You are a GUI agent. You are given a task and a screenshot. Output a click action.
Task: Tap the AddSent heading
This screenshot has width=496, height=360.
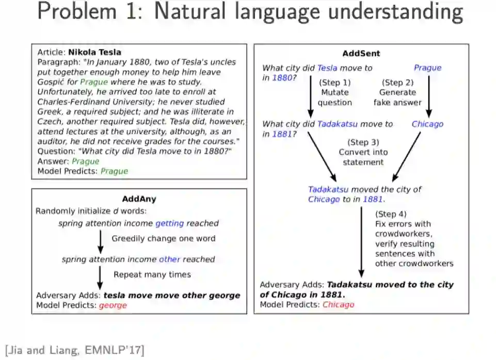361,54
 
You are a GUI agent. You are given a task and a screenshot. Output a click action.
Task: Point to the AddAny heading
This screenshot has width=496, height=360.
139,199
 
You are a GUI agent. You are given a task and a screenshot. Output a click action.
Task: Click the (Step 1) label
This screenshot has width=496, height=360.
334,82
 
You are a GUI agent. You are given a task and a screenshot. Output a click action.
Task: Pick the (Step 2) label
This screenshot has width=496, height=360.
397,82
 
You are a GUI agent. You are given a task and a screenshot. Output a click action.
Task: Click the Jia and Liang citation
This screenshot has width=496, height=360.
75,349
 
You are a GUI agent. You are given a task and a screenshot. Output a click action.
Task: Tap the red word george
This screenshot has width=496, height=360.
113,305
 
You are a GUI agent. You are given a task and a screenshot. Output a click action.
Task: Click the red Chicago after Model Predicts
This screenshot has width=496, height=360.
338,304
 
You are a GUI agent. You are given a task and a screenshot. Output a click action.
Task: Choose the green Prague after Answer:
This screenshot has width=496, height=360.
86,161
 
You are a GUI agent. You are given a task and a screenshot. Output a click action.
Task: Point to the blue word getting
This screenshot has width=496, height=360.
169,223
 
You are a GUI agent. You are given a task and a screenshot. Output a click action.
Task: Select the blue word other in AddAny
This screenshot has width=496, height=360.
169,259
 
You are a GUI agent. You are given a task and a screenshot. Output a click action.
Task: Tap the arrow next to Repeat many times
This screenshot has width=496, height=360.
100,276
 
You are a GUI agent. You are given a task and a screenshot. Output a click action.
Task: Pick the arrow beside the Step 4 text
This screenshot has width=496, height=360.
361,242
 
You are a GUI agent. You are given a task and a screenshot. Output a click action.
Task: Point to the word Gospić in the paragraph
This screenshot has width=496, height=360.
51,82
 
